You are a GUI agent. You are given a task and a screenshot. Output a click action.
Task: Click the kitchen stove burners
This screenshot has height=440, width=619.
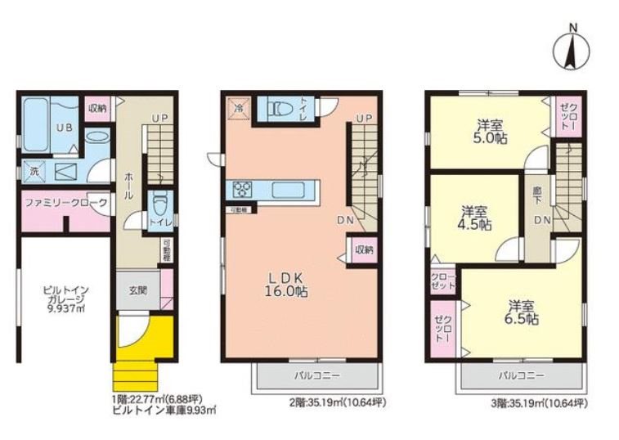click(243, 189)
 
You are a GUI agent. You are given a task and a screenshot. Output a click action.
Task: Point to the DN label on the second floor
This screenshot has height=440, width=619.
click(345, 221)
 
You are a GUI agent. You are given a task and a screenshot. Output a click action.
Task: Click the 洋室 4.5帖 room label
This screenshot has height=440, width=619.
click(474, 216)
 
